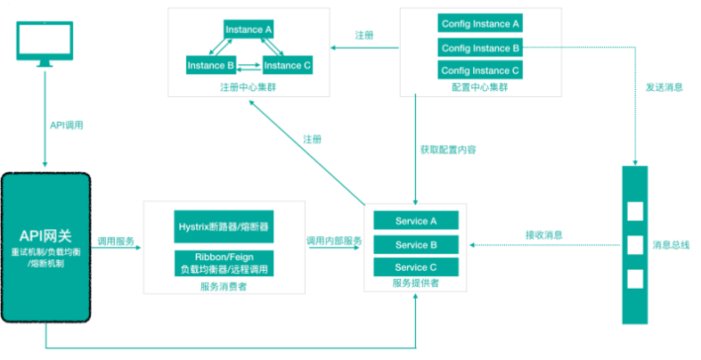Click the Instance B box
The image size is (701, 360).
click(x=210, y=65)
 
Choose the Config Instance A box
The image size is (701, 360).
click(x=480, y=23)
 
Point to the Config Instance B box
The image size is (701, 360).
click(x=480, y=47)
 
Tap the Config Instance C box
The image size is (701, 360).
click(x=480, y=70)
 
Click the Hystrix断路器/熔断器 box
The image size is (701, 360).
click(x=224, y=226)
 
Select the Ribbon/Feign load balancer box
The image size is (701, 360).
click(x=224, y=262)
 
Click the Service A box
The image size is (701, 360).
click(x=416, y=221)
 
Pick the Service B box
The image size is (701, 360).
click(x=416, y=244)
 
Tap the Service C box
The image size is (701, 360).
click(x=416, y=267)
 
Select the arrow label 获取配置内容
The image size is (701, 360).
click(x=447, y=150)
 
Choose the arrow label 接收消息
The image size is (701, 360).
click(x=543, y=235)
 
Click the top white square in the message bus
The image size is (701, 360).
click(x=635, y=212)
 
